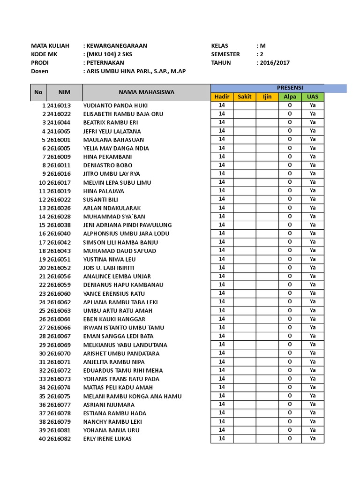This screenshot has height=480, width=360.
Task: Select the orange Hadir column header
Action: coord(222,97)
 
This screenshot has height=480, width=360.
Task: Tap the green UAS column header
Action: coord(313,97)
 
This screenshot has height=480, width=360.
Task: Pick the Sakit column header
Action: coord(245,97)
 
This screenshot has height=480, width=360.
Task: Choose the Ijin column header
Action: coord(267,97)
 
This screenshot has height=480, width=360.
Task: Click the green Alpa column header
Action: coord(290,97)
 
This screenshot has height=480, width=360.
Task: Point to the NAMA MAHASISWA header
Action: coord(146,92)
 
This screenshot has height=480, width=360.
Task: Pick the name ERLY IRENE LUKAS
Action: coord(107,439)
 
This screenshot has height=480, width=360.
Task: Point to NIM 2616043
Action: coord(59,251)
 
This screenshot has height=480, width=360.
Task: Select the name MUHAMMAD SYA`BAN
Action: coord(114,217)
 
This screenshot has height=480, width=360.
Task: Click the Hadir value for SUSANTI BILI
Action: coord(222,199)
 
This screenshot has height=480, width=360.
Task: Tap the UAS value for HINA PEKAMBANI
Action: coord(313,157)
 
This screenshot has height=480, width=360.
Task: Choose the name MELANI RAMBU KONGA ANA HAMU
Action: coord(132,396)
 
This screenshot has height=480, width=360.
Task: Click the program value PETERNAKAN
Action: coord(105,63)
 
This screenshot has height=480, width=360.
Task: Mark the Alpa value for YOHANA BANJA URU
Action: coord(290,430)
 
